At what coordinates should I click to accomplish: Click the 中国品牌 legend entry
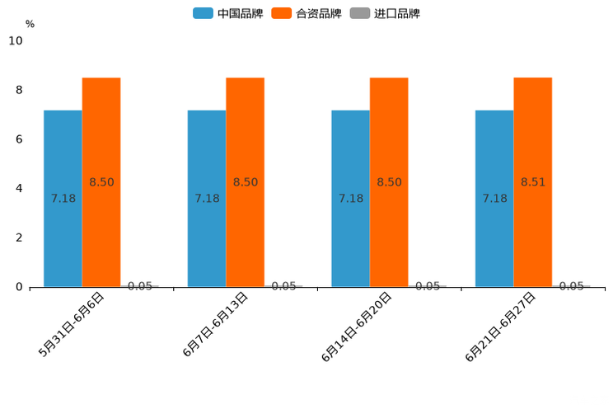[x=228, y=13]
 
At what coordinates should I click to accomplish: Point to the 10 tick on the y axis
[x=16, y=41]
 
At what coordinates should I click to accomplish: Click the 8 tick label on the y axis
[x=19, y=90]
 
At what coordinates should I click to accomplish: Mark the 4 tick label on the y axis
[x=19, y=189]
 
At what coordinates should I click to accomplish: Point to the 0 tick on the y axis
[x=19, y=287]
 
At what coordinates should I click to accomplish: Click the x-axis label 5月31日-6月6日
[x=72, y=324]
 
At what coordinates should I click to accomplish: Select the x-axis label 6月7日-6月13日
[x=216, y=324]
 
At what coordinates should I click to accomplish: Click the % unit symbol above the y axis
[x=30, y=24]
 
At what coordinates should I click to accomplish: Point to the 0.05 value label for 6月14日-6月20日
[x=428, y=286]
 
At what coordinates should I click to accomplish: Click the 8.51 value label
[x=533, y=182]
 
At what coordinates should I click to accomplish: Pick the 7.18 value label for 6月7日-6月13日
[x=207, y=199]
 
